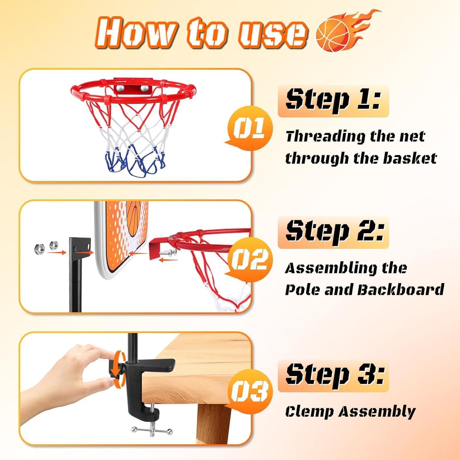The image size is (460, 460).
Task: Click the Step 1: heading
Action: (x=333, y=100)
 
